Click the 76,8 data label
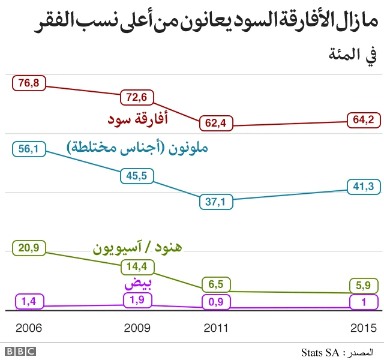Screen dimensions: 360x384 pos(29,83)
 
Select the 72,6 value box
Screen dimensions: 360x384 pos(137,96)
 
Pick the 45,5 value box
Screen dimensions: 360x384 pos(137,176)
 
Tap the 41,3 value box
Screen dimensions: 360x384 pos(363,187)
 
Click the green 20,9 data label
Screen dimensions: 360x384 pos(29,248)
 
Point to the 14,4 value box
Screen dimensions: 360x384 pos(137,266)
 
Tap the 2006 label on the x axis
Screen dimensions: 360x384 pos(29,328)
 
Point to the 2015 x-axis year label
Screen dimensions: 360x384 pos(363,328)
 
